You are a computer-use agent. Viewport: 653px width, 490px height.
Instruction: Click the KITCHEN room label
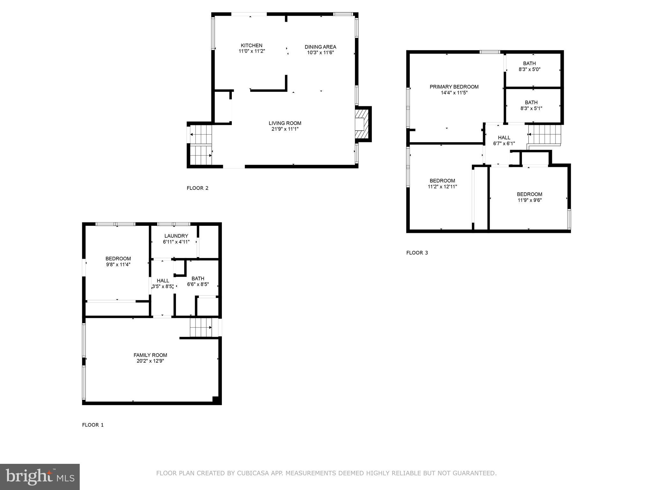coord(252,45)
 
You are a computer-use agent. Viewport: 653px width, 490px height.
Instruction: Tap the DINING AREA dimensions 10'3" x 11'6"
coord(320,53)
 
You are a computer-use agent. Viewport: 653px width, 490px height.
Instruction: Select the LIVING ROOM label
coord(285,123)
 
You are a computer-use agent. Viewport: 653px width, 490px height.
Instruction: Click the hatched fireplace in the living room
coord(362,124)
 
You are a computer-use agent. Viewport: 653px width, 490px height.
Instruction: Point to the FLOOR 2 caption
coord(197,188)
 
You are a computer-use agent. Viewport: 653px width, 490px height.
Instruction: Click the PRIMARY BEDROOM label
coord(454,87)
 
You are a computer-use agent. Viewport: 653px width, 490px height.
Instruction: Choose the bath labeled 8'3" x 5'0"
coord(529,66)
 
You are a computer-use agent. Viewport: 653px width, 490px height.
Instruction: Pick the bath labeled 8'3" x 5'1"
coord(531,105)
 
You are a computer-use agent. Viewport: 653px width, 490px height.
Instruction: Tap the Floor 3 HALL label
coord(504,137)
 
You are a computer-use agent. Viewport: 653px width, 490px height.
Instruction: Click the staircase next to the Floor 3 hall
coord(544,134)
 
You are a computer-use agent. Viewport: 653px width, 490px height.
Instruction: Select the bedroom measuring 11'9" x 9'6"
coord(529,197)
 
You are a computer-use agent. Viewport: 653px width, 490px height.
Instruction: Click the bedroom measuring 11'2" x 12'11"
coord(442,183)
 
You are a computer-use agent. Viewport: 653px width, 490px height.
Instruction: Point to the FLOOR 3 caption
coord(417,253)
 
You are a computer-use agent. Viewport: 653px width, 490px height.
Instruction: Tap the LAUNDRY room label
coord(176,236)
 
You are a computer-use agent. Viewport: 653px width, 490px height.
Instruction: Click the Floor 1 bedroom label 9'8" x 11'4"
coord(118,262)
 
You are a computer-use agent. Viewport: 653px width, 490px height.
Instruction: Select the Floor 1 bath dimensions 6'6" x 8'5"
coord(198,284)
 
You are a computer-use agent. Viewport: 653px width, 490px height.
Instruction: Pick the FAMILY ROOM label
coord(150,355)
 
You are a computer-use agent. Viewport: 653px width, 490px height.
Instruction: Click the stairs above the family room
coord(201,327)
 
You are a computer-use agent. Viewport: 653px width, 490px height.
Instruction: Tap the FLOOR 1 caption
coord(93,425)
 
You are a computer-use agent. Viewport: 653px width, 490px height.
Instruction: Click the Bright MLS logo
coord(40,477)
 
